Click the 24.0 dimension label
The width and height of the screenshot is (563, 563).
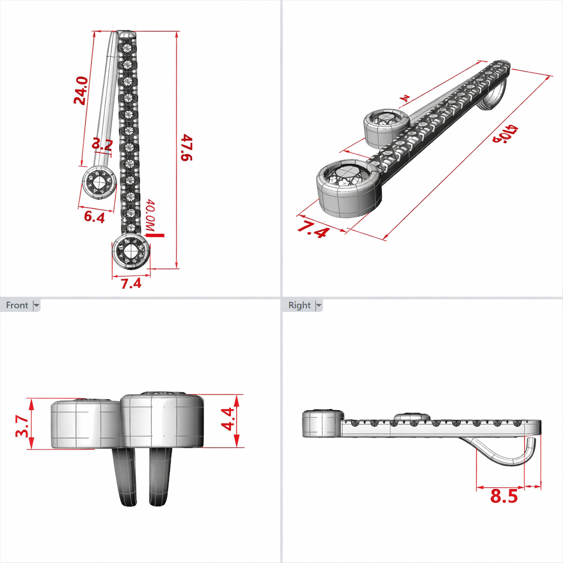tap(81, 91)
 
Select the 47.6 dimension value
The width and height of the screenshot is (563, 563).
tap(187, 148)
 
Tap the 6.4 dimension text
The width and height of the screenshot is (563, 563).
tap(94, 217)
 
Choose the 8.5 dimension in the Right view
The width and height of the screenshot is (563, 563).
tap(504, 496)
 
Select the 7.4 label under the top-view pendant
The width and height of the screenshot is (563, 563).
tap(131, 283)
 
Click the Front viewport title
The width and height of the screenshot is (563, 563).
tap(16, 305)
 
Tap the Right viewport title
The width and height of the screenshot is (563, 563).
tap(299, 305)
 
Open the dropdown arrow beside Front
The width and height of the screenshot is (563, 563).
tap(37, 305)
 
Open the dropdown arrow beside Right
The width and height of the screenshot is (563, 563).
tap(318, 305)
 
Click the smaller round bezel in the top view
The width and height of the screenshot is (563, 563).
tap(100, 183)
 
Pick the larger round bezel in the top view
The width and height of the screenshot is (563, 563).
tap(131, 251)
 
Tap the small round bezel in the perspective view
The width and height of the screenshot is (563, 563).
tap(387, 127)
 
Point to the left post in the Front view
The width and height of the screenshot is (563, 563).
tap(125, 476)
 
